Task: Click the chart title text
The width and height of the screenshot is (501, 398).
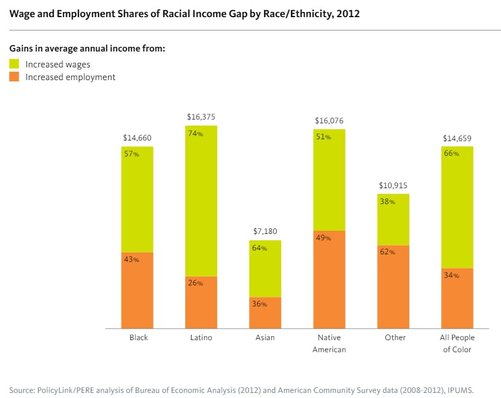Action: [184, 13]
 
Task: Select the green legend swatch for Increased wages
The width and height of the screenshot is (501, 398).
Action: [14, 64]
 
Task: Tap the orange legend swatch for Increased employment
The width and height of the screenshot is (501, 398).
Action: [14, 77]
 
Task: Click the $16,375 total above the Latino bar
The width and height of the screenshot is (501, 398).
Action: [201, 117]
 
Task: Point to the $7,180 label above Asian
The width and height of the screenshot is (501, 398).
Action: [265, 231]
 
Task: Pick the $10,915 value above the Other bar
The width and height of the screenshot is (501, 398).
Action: [393, 185]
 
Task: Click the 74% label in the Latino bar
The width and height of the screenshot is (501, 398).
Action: [195, 134]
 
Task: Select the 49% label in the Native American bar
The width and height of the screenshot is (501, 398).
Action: [323, 238]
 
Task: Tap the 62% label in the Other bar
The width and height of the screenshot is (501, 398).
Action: [387, 252]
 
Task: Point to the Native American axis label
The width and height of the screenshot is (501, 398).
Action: [328, 343]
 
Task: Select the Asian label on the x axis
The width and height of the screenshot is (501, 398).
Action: [265, 338]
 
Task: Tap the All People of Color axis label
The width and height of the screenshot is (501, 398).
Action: [457, 343]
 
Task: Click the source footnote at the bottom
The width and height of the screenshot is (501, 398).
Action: [241, 388]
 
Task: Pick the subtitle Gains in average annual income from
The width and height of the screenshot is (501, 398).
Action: [87, 50]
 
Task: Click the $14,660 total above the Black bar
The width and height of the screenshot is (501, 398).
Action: [137, 138]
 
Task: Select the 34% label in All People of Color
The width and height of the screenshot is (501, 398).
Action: [451, 275]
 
